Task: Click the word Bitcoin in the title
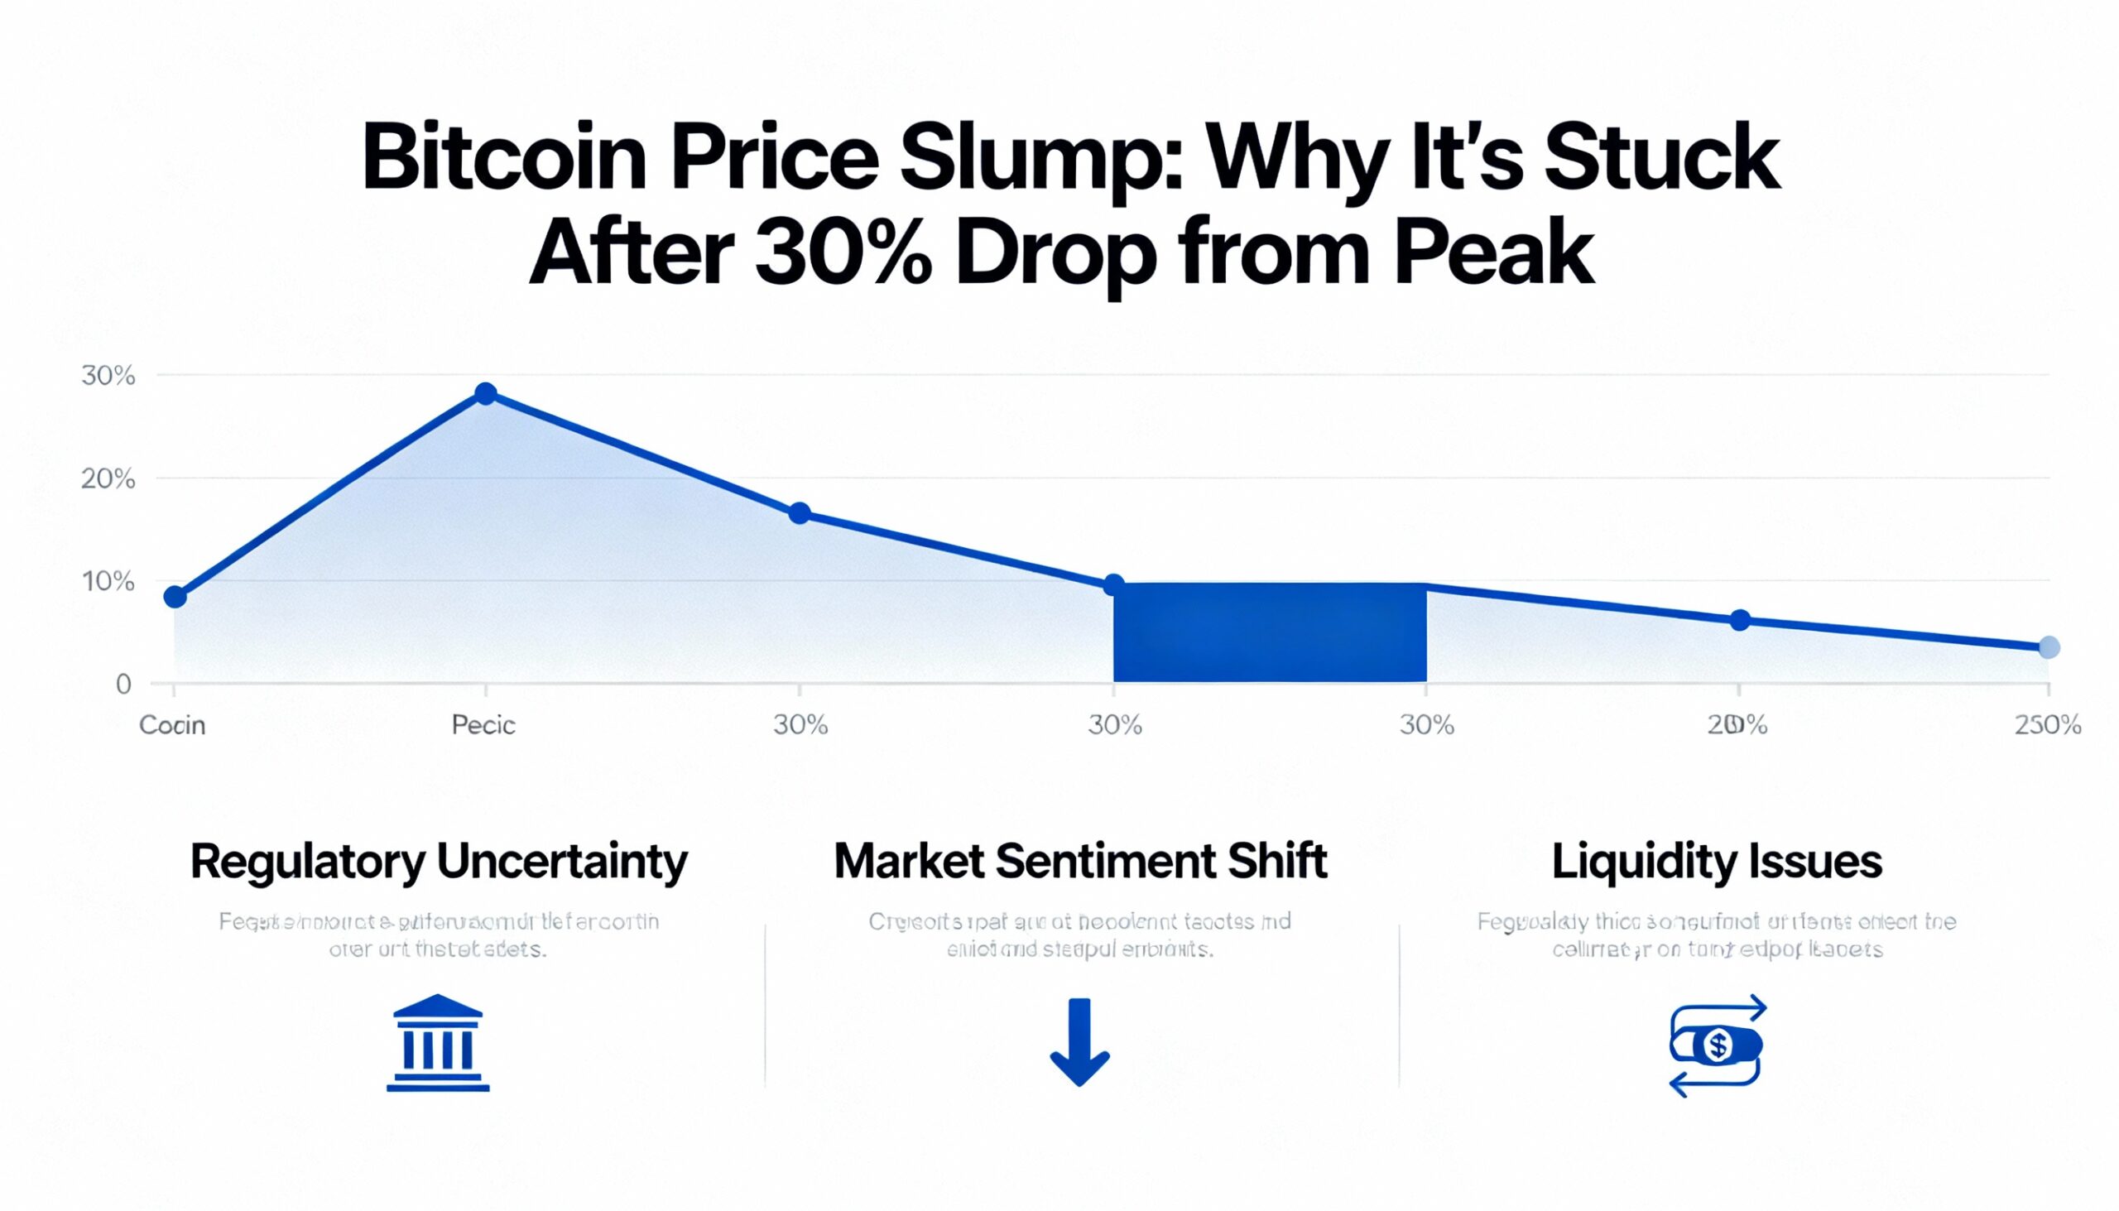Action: tap(504, 159)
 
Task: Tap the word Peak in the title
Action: tap(1493, 252)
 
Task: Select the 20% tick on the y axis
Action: tap(108, 479)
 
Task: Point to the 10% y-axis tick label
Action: tap(108, 581)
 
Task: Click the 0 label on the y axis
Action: tap(123, 685)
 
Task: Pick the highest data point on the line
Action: tap(486, 393)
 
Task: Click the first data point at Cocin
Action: tap(175, 596)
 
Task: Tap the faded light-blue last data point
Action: tap(2049, 647)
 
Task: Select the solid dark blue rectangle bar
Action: tap(1270, 632)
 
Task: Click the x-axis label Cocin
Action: tap(172, 725)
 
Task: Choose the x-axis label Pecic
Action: tap(483, 725)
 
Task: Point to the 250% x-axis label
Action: tap(2048, 725)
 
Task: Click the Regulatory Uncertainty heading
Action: tap(438, 862)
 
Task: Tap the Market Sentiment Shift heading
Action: tap(1079, 862)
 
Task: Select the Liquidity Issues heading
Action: tap(1717, 862)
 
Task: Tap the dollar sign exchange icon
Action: tap(1717, 1045)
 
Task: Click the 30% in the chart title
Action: tap(843, 252)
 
